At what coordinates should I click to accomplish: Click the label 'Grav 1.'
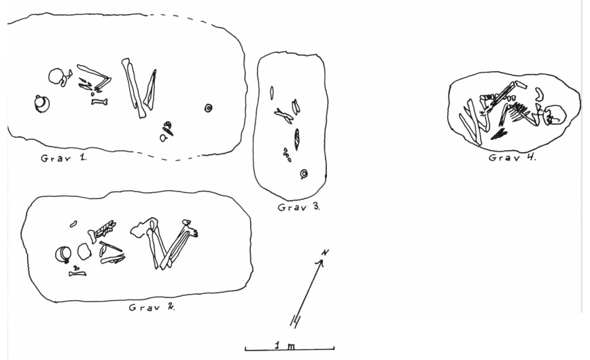[x=64, y=158]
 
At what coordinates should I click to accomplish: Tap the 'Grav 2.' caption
[x=152, y=307]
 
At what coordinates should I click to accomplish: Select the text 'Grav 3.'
[x=299, y=207]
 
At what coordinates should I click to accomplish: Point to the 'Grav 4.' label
[x=512, y=157]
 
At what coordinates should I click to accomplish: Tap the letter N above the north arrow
[x=326, y=253]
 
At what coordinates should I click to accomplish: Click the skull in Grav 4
[x=553, y=114]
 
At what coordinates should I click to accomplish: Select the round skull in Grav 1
[x=56, y=77]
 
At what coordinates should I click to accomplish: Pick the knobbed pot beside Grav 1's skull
[x=41, y=104]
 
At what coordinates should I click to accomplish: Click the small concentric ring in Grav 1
[x=208, y=108]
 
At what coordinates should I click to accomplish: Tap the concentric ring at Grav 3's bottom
[x=304, y=174]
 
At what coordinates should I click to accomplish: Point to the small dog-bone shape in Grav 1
[x=99, y=101]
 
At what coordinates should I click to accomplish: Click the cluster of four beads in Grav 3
[x=287, y=155]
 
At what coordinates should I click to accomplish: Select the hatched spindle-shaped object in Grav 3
[x=297, y=139]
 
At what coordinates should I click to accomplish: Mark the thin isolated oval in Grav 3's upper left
[x=272, y=93]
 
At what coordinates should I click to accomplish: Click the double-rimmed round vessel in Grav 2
[x=63, y=254]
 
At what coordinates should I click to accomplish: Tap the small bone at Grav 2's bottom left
[x=77, y=274]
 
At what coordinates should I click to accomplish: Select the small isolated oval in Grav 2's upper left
[x=73, y=224]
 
